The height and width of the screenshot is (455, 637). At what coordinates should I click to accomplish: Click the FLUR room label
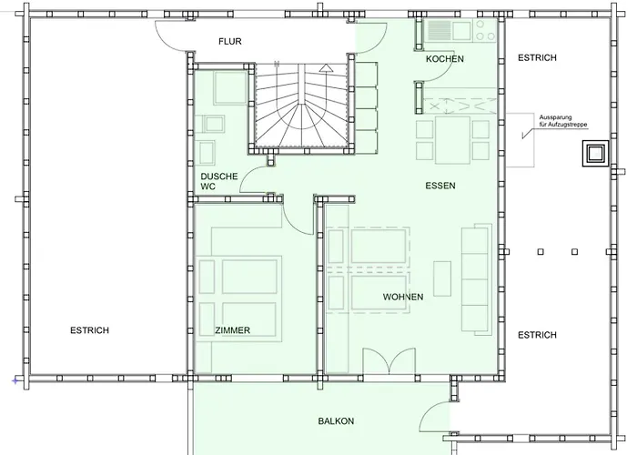pyautogui.click(x=230, y=42)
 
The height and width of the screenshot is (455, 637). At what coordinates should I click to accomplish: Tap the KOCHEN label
pyautogui.click(x=445, y=59)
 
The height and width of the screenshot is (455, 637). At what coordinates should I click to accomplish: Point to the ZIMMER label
pyautogui.click(x=232, y=330)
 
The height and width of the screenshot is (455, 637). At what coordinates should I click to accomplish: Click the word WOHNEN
pyautogui.click(x=403, y=297)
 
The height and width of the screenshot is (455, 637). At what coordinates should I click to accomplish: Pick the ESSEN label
pyautogui.click(x=440, y=186)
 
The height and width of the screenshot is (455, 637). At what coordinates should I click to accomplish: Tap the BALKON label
pyautogui.click(x=336, y=421)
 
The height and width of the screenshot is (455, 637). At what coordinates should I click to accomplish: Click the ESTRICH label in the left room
pyautogui.click(x=90, y=330)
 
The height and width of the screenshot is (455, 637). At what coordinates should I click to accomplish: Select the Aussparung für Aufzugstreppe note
pyautogui.click(x=563, y=121)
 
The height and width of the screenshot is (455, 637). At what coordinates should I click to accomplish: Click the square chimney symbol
pyautogui.click(x=595, y=154)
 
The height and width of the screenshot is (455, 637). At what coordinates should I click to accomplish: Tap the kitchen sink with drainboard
pyautogui.click(x=448, y=30)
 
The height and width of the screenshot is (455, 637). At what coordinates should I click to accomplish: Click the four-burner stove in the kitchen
pyautogui.click(x=485, y=30)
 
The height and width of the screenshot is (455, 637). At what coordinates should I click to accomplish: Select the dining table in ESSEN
pyautogui.click(x=452, y=140)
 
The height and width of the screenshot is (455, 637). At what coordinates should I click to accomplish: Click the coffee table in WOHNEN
pyautogui.click(x=442, y=278)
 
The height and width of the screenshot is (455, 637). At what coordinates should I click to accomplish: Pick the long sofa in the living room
pyautogui.click(x=476, y=278)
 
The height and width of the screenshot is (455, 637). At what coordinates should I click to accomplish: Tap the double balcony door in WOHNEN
pyautogui.click(x=389, y=360)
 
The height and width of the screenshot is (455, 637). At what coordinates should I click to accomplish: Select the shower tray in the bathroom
pyautogui.click(x=230, y=87)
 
